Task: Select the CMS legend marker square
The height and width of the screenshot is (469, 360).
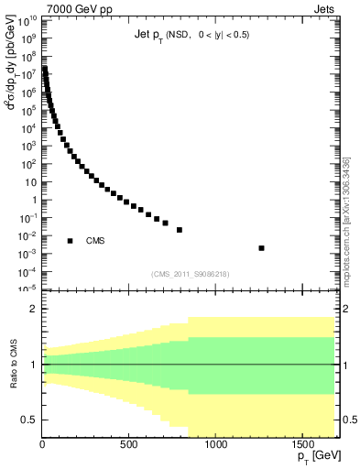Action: [70, 241]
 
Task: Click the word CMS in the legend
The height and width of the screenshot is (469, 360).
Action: [96, 241]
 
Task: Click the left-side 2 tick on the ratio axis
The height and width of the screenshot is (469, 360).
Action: [33, 310]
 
